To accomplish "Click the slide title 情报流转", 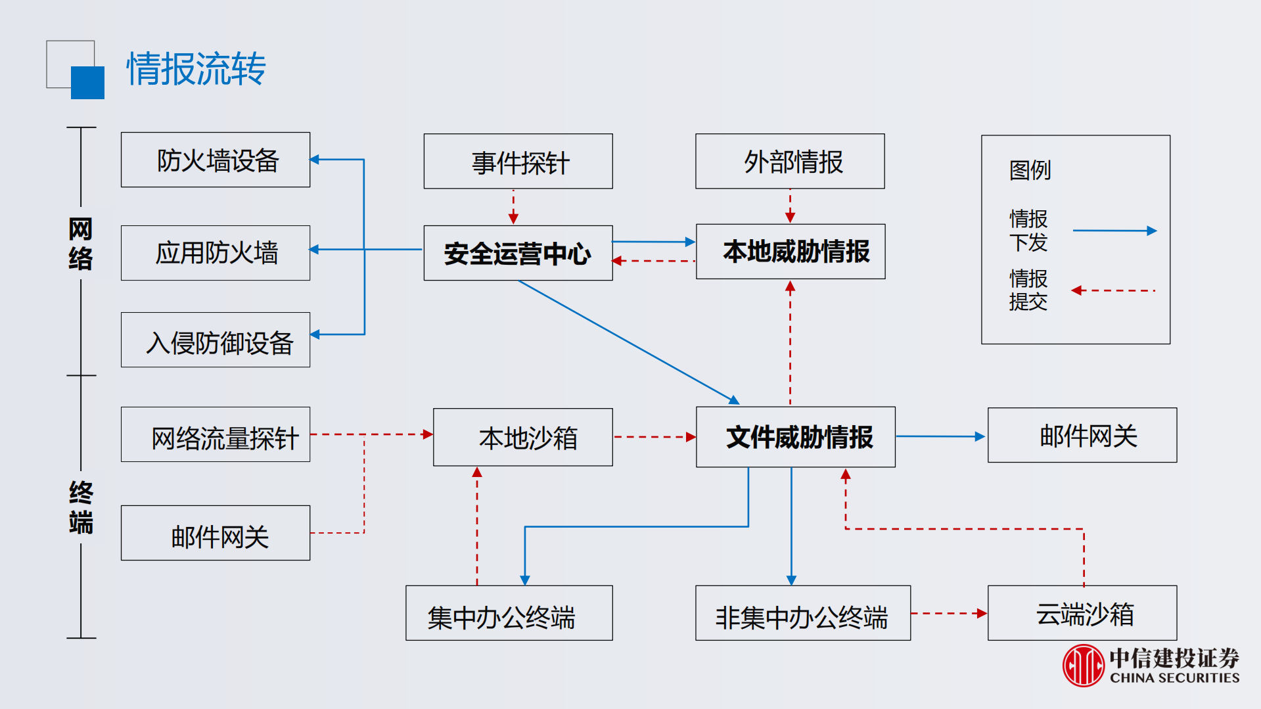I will tap(196, 68).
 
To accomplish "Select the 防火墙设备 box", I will tap(216, 160).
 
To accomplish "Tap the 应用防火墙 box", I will tap(216, 253).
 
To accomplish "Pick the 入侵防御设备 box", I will tap(216, 340).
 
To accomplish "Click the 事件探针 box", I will tap(518, 162).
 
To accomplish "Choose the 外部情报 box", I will tap(790, 162).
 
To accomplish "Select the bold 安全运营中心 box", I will tap(518, 253).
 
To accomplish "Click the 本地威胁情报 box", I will tap(791, 252).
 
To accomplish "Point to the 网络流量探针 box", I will tap(216, 434).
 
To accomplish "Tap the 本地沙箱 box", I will tap(523, 437).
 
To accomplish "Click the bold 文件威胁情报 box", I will tap(796, 437).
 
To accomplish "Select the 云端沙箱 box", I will tap(1082, 613).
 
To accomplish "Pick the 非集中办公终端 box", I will tap(803, 613).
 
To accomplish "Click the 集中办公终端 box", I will tap(509, 613).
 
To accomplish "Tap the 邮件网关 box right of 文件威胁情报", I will tap(1082, 435).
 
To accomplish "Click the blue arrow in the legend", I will tap(1114, 231).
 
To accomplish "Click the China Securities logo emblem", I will tap(1083, 665).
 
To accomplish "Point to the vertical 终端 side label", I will tap(81, 507).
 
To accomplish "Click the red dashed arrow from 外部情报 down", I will tap(790, 206).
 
